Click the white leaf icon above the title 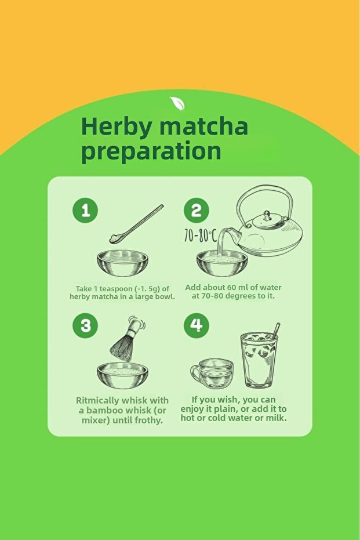(x=177, y=103)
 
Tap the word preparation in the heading (x=151, y=151)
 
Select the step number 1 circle (x=85, y=210)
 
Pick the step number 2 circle (x=196, y=210)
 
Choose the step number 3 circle (x=85, y=325)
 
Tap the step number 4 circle (x=196, y=325)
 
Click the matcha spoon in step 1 (x=136, y=224)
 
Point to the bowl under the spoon (x=122, y=263)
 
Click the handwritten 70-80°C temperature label (x=201, y=235)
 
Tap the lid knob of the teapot (x=267, y=216)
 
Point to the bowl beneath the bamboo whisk (x=122, y=376)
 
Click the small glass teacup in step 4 (x=212, y=374)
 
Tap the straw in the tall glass (x=276, y=331)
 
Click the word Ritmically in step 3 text (x=97, y=401)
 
